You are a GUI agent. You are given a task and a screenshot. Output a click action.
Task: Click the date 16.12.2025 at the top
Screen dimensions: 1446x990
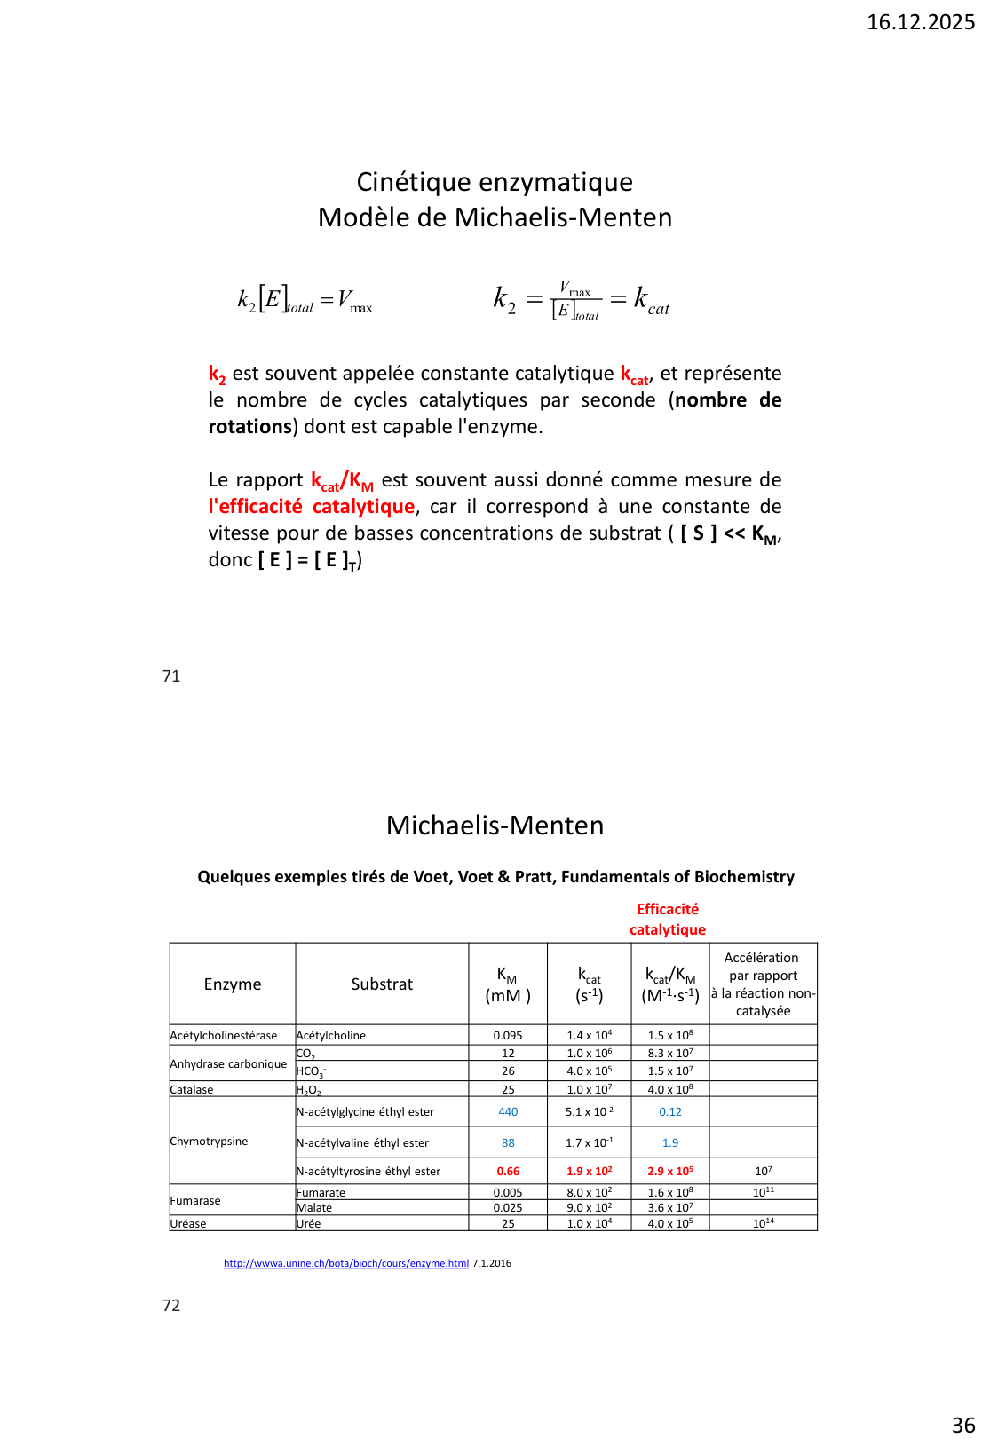click(920, 22)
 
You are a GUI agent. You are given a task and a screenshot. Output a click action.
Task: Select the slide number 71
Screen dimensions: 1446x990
click(171, 676)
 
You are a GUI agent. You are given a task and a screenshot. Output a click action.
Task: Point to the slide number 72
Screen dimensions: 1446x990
click(171, 1306)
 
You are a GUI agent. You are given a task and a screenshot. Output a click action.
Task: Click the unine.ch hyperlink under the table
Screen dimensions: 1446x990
click(345, 1263)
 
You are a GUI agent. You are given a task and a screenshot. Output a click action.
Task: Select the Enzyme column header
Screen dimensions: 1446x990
click(233, 984)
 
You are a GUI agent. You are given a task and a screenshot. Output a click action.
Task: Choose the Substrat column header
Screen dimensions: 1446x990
click(382, 984)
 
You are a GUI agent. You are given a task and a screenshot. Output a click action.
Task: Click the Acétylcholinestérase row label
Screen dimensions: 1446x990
click(224, 1036)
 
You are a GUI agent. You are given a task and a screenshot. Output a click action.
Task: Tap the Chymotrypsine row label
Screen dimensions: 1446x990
click(209, 1142)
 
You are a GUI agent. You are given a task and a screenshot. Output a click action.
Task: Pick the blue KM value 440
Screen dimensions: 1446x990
click(508, 1112)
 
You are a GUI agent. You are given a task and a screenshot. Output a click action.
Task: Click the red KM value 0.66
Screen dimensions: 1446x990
click(508, 1172)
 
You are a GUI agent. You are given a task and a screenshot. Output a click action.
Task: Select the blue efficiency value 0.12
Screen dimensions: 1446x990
click(670, 1112)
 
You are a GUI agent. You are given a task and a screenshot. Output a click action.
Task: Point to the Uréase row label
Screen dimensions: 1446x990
click(188, 1224)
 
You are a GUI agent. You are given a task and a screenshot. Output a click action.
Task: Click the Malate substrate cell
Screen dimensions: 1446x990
click(314, 1208)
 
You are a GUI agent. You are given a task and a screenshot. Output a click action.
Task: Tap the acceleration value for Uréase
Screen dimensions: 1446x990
click(763, 1223)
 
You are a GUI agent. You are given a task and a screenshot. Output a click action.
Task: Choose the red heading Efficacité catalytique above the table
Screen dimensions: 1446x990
click(668, 920)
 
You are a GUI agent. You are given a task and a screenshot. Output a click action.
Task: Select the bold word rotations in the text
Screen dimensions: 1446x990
click(249, 427)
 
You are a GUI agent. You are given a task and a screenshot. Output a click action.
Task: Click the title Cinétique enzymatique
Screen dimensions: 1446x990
click(495, 182)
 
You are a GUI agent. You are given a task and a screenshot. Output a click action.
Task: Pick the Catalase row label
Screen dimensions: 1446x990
click(192, 1090)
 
